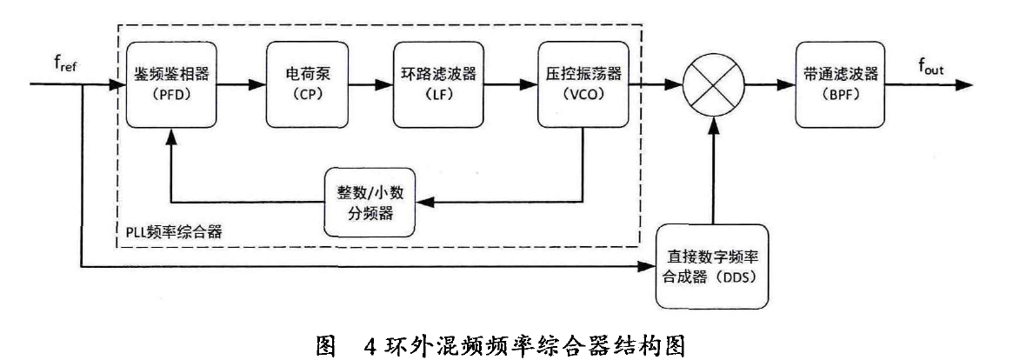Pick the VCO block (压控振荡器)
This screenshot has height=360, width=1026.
(x=580, y=84)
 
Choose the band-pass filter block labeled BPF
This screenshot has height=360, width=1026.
(x=832, y=84)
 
